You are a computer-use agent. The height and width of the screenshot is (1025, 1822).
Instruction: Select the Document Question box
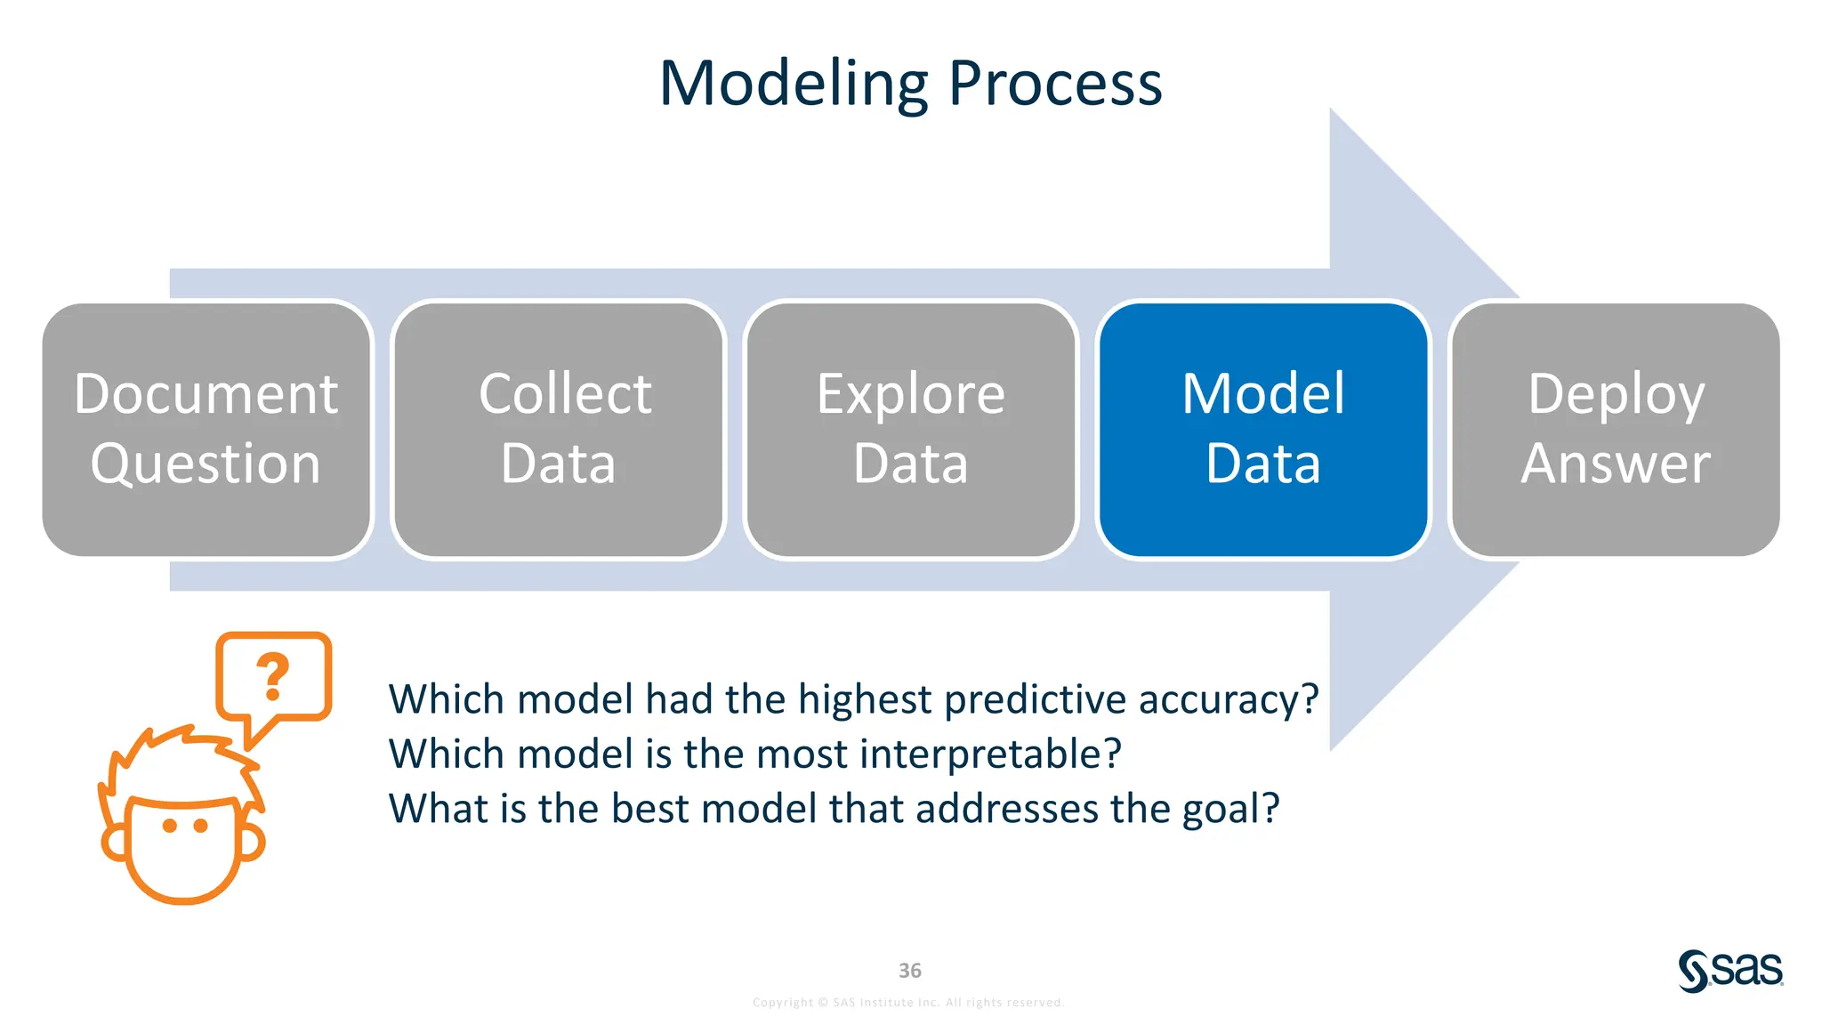(206, 430)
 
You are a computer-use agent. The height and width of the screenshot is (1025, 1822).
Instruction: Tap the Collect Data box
(559, 430)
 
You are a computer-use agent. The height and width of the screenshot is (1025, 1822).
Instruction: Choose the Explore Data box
(911, 430)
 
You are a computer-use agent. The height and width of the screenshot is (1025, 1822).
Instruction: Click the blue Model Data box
(1263, 430)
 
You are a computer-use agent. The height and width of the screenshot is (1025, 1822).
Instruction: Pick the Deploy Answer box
(1616, 430)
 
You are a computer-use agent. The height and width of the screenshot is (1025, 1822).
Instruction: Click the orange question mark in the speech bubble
(273, 676)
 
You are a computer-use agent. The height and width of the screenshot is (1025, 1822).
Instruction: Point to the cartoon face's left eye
(170, 826)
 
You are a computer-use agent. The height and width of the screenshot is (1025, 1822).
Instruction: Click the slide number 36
(910, 971)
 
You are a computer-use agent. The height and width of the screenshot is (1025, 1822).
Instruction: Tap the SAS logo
(1730, 970)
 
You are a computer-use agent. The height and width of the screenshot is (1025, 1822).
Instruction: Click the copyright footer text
(908, 1003)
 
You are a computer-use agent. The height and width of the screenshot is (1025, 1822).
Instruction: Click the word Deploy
(1616, 394)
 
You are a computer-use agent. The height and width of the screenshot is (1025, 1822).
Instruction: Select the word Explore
(911, 394)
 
